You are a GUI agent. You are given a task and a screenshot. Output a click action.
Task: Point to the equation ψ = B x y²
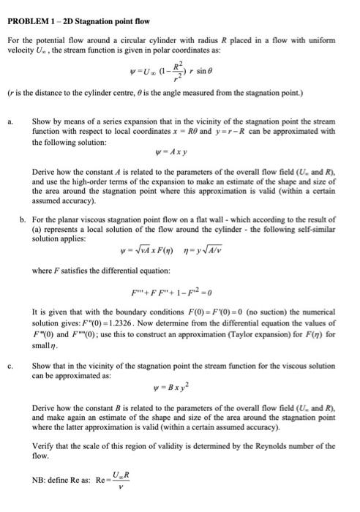[x=181, y=380]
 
